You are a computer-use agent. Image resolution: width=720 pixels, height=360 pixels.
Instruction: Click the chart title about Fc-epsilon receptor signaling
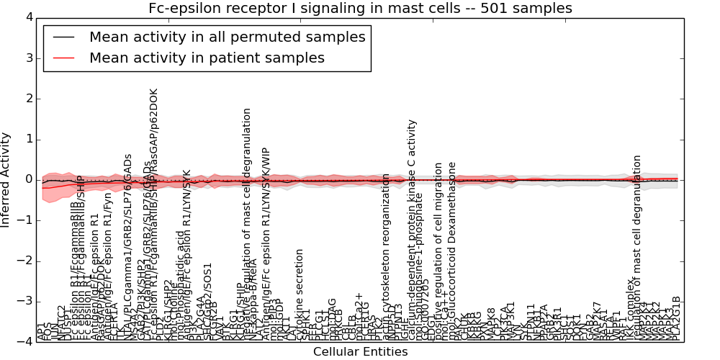[360, 9]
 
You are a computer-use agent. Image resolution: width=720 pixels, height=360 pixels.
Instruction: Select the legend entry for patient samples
[207, 58]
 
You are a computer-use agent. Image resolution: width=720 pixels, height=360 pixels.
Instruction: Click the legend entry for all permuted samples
[227, 37]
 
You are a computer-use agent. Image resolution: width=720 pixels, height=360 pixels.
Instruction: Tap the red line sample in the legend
[63, 58]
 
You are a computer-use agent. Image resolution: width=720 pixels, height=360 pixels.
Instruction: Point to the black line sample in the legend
[63, 37]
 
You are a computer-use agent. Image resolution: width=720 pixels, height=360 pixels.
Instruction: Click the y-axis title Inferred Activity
[6, 180]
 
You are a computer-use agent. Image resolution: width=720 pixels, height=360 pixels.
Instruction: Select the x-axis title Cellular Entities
[360, 352]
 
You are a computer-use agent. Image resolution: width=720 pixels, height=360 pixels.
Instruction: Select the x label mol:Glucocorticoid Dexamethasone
[452, 252]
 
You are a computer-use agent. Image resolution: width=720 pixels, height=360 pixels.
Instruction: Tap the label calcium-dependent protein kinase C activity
[413, 230]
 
